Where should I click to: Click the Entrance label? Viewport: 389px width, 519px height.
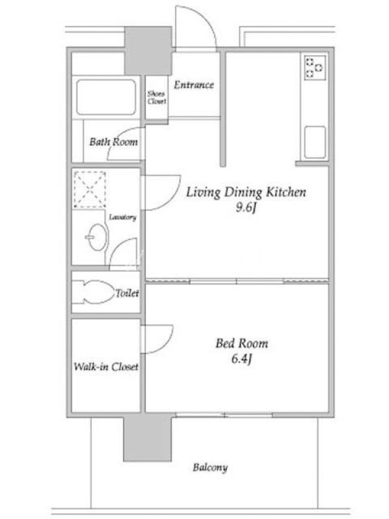pyautogui.click(x=194, y=85)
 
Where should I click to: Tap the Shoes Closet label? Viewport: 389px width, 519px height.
pyautogui.click(x=156, y=97)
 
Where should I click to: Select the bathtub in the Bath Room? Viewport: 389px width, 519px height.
pyautogui.click(x=106, y=97)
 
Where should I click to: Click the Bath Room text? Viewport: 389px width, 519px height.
pyautogui.click(x=113, y=141)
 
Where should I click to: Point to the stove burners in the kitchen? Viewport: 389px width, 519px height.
pyautogui.click(x=314, y=68)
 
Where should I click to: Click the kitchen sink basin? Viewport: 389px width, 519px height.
pyautogui.click(x=314, y=142)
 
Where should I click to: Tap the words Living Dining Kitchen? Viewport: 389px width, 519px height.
pyautogui.click(x=246, y=192)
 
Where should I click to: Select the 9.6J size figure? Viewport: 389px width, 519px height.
pyautogui.click(x=246, y=208)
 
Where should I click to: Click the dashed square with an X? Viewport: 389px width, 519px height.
pyautogui.click(x=89, y=189)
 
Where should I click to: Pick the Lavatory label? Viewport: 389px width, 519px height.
pyautogui.click(x=123, y=217)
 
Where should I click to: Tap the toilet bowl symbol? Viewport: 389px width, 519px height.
pyautogui.click(x=93, y=293)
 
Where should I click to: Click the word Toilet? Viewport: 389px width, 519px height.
pyautogui.click(x=127, y=293)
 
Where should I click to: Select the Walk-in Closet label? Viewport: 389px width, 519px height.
pyautogui.click(x=106, y=367)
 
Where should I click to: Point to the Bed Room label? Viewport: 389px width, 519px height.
pyautogui.click(x=242, y=343)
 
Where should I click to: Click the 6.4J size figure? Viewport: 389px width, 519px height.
pyautogui.click(x=242, y=359)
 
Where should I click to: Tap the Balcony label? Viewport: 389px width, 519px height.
pyautogui.click(x=210, y=468)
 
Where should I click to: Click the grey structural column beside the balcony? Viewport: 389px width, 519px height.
pyautogui.click(x=148, y=439)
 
